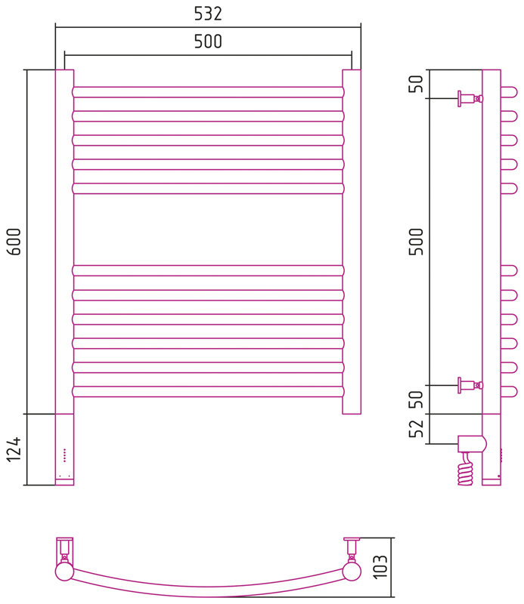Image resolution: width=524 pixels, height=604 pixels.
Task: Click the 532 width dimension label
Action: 208,14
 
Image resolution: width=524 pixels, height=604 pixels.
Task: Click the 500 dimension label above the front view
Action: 208,42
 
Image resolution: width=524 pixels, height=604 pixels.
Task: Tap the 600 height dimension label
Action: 14,242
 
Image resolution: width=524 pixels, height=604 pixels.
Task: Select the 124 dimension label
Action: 14,449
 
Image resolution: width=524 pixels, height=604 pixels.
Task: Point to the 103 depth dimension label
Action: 380,567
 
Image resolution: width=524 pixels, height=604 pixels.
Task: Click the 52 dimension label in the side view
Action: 416,428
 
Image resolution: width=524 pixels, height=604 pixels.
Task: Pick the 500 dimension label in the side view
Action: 416,242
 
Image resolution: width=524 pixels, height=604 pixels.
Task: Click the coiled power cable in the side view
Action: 465,469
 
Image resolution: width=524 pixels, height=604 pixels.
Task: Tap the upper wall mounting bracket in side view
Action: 470,99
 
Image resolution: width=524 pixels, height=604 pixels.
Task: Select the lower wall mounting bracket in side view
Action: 470,385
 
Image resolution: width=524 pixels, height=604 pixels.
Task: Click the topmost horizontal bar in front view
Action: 208,92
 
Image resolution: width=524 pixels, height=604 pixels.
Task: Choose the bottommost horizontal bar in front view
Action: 208,392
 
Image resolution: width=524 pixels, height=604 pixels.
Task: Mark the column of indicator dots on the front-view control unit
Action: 64,455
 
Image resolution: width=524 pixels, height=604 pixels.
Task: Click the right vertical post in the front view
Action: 352,242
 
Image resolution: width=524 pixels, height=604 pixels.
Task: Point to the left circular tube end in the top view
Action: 64,572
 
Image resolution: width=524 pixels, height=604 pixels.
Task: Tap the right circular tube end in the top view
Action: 352,572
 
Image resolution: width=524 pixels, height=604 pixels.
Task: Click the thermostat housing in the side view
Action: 472,444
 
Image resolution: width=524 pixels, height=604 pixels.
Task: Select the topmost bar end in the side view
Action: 510,92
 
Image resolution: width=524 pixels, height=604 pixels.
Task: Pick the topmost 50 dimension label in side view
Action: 416,84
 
